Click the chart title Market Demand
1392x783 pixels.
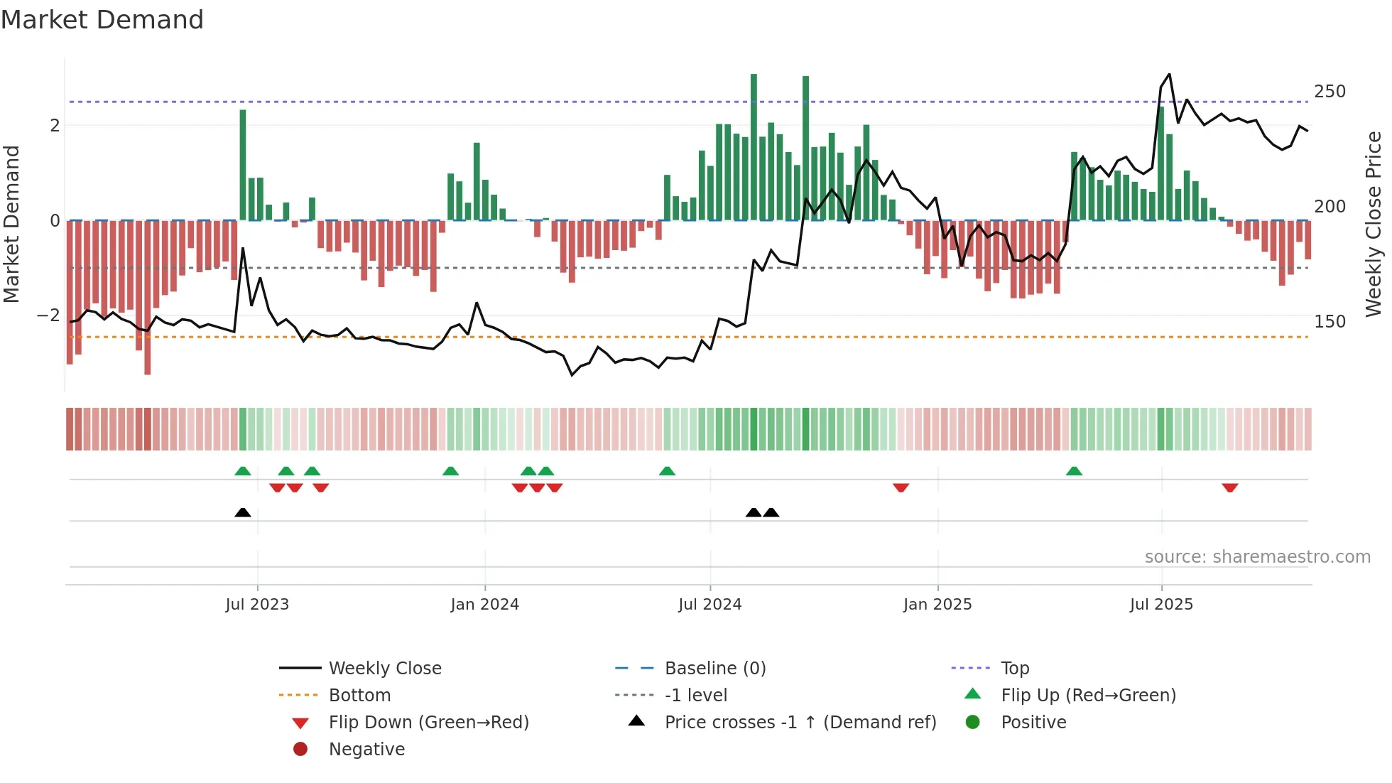(x=102, y=20)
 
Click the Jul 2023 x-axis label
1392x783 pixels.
(x=257, y=605)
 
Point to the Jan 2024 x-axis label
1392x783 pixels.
(x=484, y=605)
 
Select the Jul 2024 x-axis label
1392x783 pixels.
(x=709, y=605)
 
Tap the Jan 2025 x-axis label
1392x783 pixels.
(x=937, y=605)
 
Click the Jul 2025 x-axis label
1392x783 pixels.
(x=1161, y=605)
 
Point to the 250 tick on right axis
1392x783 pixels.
(x=1330, y=92)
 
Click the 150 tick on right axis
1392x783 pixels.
(x=1330, y=322)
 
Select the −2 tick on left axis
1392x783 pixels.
(x=48, y=315)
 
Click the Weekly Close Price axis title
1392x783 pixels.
(x=1374, y=224)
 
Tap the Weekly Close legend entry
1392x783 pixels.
(x=384, y=669)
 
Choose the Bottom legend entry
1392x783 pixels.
(x=359, y=696)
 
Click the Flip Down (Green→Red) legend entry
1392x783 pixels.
(x=428, y=723)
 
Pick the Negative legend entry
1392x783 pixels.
(x=366, y=750)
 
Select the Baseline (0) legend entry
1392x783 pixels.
(x=714, y=669)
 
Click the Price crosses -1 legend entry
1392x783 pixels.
(x=800, y=723)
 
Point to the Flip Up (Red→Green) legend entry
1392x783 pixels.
(x=1088, y=696)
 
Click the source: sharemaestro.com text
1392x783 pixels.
(x=1257, y=557)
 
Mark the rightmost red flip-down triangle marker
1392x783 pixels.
(x=1230, y=487)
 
